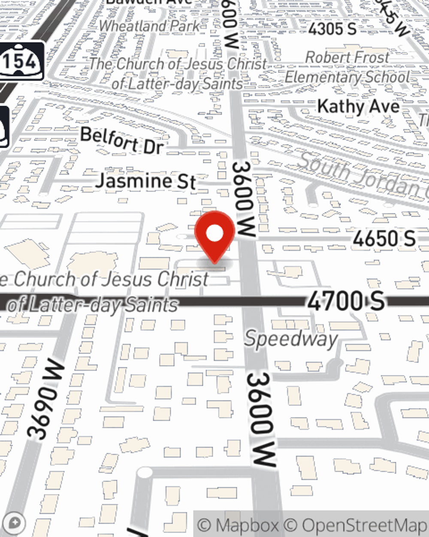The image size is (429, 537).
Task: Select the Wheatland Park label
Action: [x=149, y=26]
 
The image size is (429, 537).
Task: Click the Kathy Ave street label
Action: [x=358, y=106]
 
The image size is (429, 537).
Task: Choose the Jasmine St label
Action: [x=146, y=180]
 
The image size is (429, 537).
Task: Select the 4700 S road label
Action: [x=345, y=301]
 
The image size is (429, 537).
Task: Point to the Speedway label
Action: [x=291, y=339]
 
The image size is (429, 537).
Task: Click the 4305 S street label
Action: [x=332, y=29]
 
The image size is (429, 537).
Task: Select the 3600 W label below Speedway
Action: [x=261, y=419]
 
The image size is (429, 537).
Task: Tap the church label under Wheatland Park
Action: [x=178, y=73]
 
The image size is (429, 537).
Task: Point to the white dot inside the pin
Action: [x=215, y=234]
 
